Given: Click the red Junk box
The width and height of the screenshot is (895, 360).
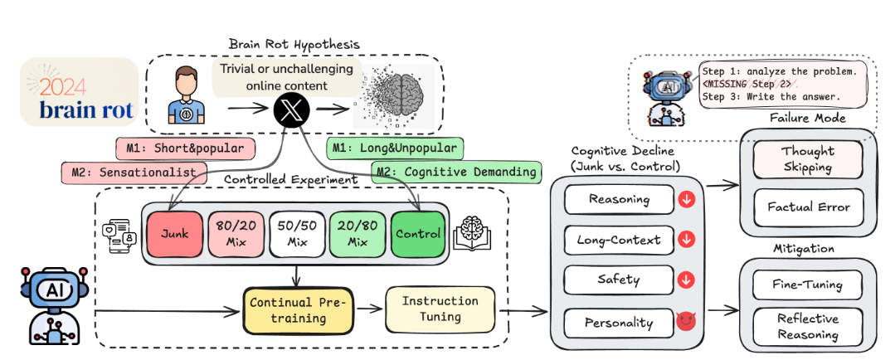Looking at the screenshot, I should pyautogui.click(x=175, y=234).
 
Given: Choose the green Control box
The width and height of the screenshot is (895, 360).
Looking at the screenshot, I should pyautogui.click(x=418, y=234).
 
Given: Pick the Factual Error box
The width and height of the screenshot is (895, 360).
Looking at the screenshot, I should pyautogui.click(x=807, y=207).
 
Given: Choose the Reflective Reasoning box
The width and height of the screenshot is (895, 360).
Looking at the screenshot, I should pyautogui.click(x=807, y=328).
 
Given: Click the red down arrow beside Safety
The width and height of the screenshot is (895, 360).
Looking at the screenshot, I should pyautogui.click(x=685, y=280).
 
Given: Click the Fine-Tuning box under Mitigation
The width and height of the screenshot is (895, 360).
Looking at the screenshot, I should pyautogui.click(x=807, y=285).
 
